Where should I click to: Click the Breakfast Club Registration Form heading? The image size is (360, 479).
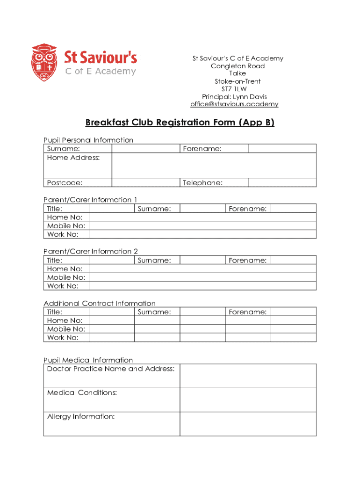[180, 123]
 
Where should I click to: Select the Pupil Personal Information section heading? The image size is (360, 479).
[88, 140]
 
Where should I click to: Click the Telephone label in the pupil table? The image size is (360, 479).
[202, 182]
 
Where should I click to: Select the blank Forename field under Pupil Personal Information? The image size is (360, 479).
[281, 148]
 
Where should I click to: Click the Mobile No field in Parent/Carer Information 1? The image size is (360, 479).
[202, 226]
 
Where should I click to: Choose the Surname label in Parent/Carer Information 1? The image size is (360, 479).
[154, 209]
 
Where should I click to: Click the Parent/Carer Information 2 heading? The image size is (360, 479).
[91, 251]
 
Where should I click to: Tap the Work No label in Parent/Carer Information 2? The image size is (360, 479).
[63, 286]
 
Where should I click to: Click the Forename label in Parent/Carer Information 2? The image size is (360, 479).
[247, 260]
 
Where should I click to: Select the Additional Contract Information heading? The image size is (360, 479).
[100, 303]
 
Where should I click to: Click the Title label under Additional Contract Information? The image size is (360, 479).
[55, 312]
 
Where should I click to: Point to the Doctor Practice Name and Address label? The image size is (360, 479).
[111, 369]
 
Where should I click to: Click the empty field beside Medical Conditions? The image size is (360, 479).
[248, 400]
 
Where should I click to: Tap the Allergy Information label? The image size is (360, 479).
[81, 416]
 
